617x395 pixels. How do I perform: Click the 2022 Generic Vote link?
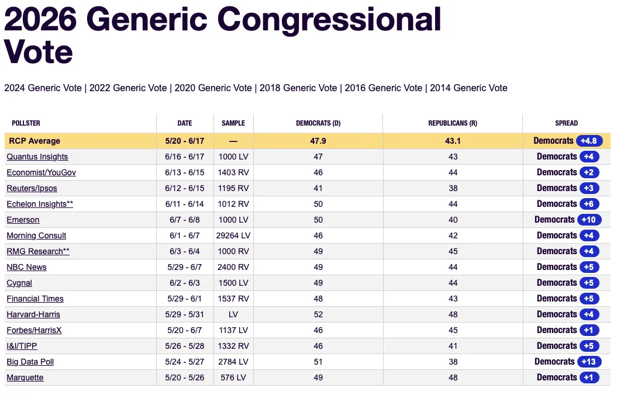click(128, 88)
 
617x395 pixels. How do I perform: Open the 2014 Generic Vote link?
click(468, 88)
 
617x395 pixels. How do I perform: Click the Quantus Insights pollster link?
click(37, 157)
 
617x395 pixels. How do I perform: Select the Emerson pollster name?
click(23, 220)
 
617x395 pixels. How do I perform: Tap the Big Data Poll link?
click(30, 362)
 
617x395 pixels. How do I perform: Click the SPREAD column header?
click(566, 123)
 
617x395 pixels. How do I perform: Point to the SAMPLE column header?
click(233, 123)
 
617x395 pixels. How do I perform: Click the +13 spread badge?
click(589, 362)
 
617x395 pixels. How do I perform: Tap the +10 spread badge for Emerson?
click(589, 220)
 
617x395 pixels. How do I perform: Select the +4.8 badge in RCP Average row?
click(589, 141)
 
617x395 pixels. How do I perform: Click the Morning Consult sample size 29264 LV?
click(233, 236)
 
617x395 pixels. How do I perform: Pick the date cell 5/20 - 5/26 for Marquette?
click(185, 377)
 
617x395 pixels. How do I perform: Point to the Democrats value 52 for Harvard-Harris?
click(318, 314)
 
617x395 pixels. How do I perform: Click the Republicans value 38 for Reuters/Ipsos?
click(453, 188)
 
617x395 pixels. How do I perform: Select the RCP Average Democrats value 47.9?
click(318, 141)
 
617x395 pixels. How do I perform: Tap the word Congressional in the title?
click(329, 20)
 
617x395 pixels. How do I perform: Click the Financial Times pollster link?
click(35, 299)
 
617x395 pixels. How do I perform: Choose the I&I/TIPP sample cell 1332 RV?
click(233, 347)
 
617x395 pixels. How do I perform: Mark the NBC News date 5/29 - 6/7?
click(185, 267)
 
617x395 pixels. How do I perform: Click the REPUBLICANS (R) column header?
click(453, 123)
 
